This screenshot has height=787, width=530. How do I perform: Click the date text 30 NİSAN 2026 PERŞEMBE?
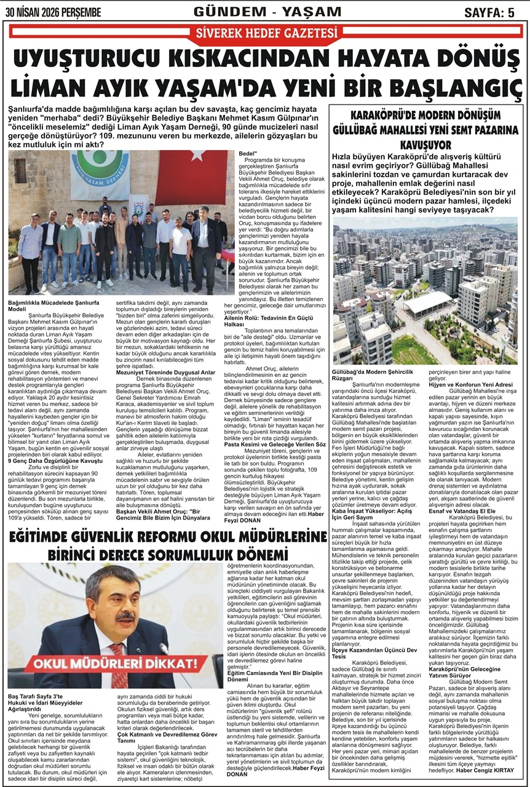(52, 12)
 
